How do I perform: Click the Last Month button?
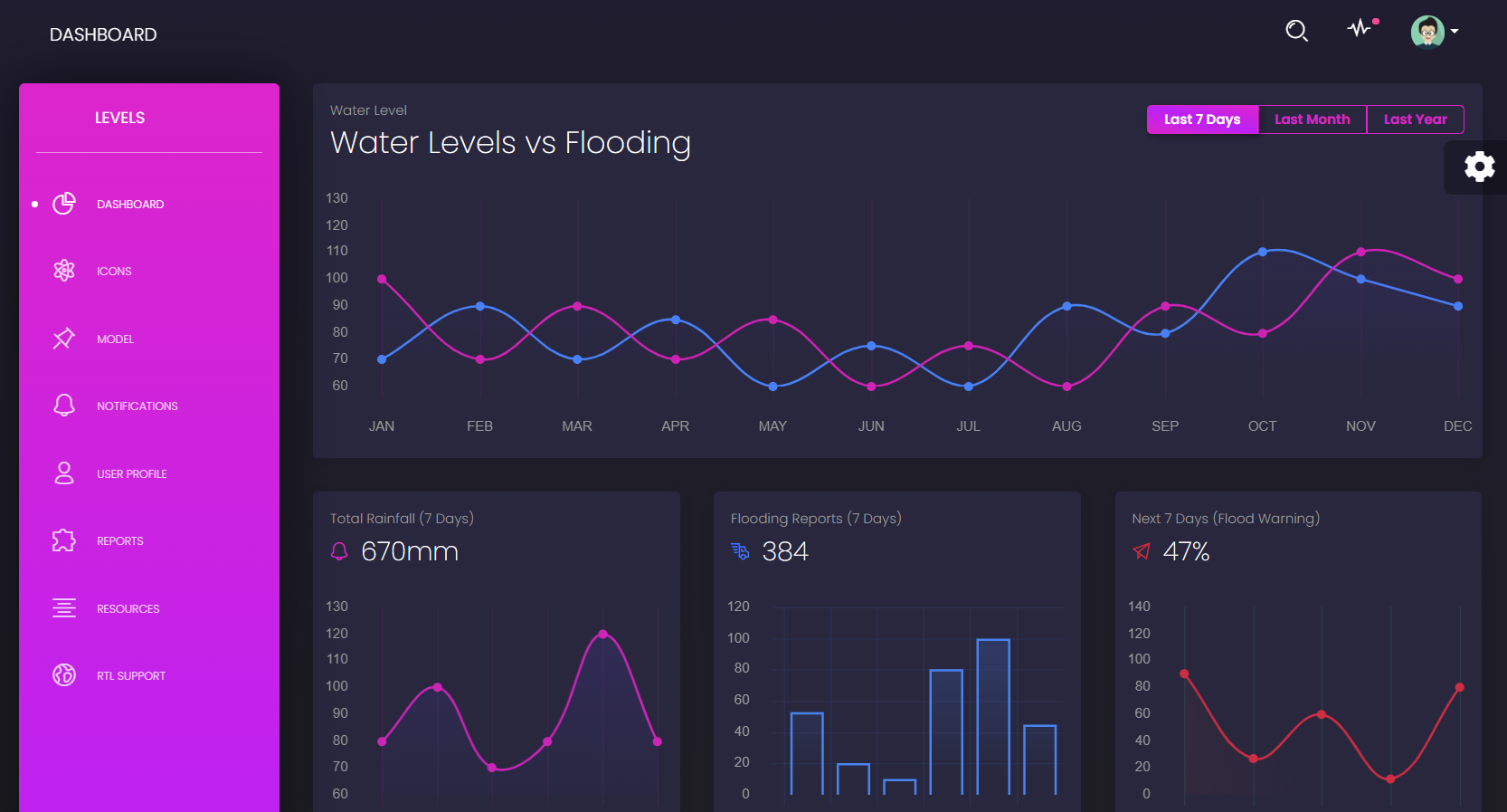(1312, 119)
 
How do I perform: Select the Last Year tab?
(1415, 119)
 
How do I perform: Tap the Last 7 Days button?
(1202, 119)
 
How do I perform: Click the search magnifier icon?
(1296, 31)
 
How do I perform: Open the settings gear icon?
(1479, 167)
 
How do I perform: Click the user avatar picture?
(1427, 32)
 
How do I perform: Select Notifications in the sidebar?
(137, 406)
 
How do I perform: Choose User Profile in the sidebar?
(131, 474)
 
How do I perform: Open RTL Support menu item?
(130, 676)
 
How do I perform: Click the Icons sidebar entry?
(114, 272)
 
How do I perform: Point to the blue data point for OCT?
(1263, 252)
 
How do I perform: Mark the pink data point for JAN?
(382, 279)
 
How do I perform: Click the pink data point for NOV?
(1360, 253)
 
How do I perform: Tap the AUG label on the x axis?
(1066, 426)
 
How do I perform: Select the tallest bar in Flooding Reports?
(993, 716)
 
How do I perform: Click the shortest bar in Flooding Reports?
(899, 787)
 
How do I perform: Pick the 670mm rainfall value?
(410, 551)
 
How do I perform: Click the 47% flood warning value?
(1186, 551)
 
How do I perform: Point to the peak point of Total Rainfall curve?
(603, 634)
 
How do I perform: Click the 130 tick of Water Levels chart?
(336, 198)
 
